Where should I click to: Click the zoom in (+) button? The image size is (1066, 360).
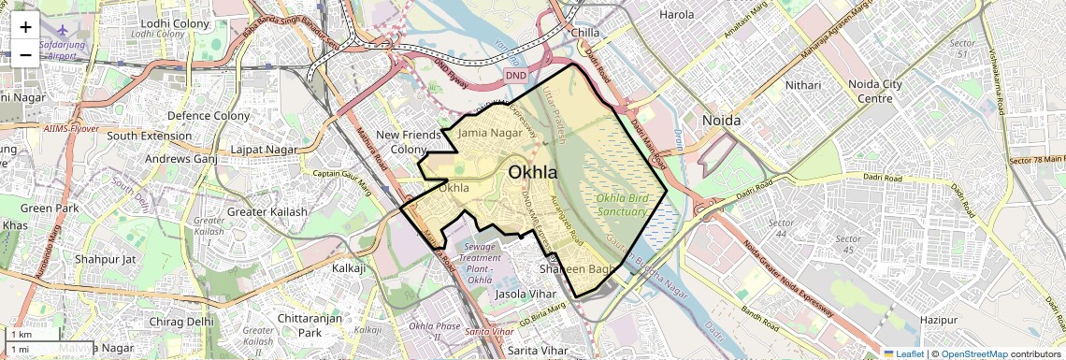click(25, 26)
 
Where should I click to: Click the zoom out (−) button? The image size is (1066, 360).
click(25, 54)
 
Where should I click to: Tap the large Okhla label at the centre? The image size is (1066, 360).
click(532, 172)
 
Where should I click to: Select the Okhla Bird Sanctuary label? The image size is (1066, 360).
click(622, 205)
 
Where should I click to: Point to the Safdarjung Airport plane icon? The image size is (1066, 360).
click(62, 40)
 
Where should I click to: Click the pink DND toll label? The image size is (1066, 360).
click(515, 74)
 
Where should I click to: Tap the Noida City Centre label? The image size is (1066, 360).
click(874, 91)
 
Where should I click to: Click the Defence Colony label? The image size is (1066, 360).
click(208, 116)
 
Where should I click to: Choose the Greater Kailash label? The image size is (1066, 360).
click(266, 211)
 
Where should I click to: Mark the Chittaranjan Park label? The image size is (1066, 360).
click(299, 325)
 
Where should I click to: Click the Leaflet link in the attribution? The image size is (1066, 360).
click(903, 353)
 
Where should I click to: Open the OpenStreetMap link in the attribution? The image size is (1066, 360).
click(973, 353)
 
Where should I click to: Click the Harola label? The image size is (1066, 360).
click(677, 14)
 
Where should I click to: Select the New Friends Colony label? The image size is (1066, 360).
click(408, 142)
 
